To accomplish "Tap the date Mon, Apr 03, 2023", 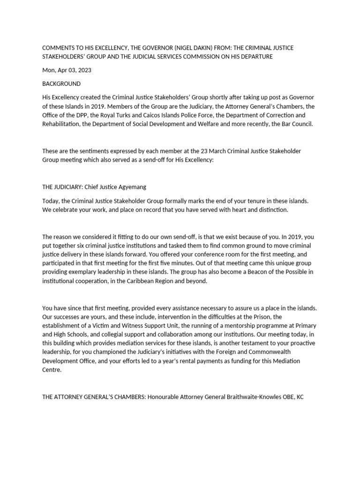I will [67, 70].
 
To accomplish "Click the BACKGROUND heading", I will [61, 83].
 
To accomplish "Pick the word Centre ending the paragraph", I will [52, 370].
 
